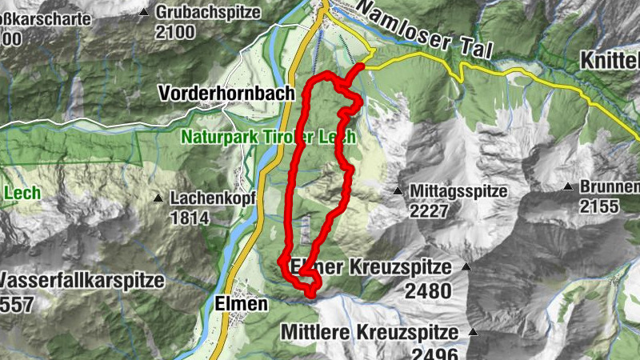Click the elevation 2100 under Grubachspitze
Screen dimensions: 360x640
click(x=176, y=32)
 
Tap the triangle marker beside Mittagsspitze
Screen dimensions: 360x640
click(x=398, y=191)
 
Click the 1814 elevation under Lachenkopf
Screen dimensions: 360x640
click(x=189, y=217)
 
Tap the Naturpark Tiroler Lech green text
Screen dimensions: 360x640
click(x=267, y=136)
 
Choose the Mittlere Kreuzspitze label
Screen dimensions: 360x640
click(x=369, y=332)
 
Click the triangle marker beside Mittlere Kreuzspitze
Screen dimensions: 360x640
click(x=473, y=331)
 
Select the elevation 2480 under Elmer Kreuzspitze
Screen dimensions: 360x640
click(x=428, y=290)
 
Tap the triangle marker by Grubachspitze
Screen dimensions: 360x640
click(x=144, y=13)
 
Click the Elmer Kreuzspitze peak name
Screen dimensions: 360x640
click(x=373, y=268)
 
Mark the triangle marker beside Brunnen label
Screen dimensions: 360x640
click(x=567, y=187)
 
